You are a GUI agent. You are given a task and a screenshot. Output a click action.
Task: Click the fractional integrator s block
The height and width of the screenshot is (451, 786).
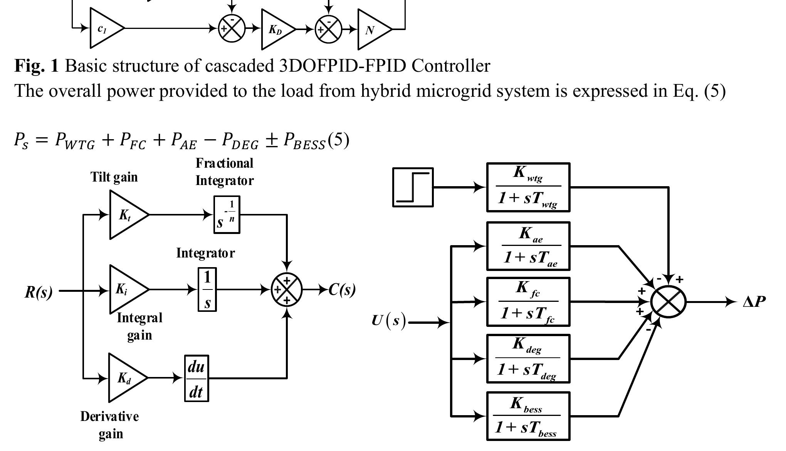tap(227, 215)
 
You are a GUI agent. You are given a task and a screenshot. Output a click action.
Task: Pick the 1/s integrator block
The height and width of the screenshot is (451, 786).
tap(207, 289)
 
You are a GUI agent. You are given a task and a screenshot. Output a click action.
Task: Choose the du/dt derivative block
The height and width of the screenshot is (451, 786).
tap(196, 379)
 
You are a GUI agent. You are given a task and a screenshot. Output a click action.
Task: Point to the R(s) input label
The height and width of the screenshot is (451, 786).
tap(39, 292)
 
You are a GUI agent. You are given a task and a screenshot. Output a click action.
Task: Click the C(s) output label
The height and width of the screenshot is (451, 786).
tap(342, 290)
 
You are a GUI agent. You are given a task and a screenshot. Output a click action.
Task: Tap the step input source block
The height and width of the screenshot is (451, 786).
tap(413, 187)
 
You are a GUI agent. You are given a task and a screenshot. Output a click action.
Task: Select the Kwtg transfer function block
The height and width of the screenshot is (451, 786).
tap(528, 187)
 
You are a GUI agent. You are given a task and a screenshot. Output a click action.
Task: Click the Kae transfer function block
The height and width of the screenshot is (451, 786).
tap(528, 246)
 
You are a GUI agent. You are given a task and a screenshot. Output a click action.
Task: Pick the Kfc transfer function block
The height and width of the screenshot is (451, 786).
tap(528, 302)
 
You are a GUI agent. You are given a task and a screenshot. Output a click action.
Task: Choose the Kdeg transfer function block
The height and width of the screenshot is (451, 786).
tap(528, 359)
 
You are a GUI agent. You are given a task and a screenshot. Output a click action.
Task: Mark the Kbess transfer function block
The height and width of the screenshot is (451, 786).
tap(528, 416)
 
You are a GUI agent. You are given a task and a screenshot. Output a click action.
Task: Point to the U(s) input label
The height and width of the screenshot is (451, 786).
tap(389, 321)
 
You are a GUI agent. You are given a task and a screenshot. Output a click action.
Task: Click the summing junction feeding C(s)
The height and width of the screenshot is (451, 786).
tap(287, 289)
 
